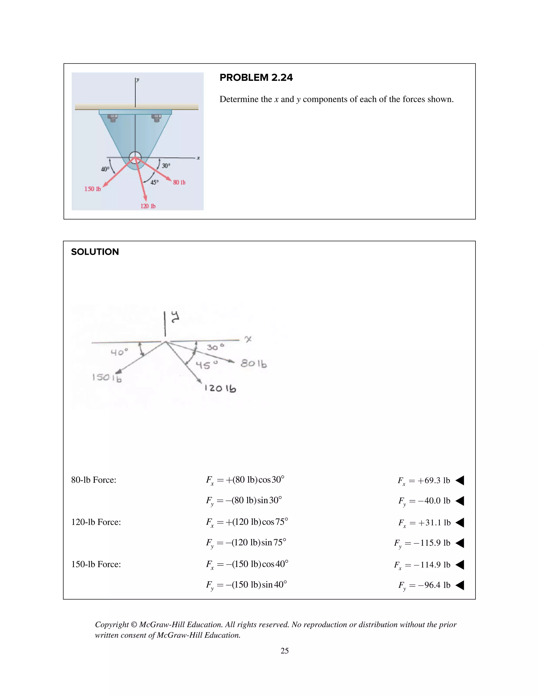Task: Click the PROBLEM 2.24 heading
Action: click(256, 77)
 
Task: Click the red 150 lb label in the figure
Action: click(92, 189)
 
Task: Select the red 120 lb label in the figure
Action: click(148, 206)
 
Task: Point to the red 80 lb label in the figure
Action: click(179, 182)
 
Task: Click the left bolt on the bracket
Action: click(112, 118)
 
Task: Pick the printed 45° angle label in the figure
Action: click(154, 182)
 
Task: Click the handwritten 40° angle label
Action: click(119, 352)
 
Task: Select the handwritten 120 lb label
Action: click(220, 388)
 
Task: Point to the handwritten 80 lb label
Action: click(254, 363)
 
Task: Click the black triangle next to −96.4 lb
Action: click(460, 585)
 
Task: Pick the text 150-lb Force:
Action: click(96, 564)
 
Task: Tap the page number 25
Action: click(284, 651)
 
